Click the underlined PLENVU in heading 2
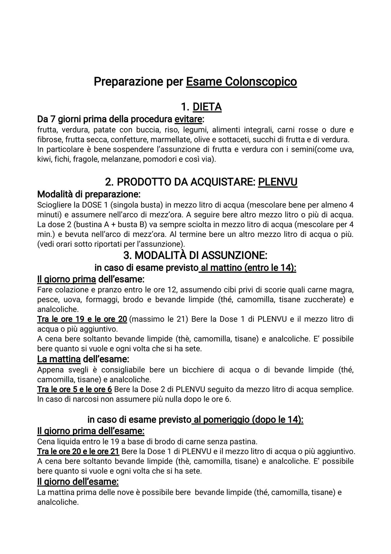[x=277, y=182]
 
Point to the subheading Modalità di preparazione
[x=89, y=194]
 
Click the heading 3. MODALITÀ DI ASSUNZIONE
[x=195, y=255]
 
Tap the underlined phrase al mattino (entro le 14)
[x=248, y=268]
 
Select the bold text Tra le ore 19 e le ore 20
[x=82, y=319]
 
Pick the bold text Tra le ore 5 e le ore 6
[x=75, y=390]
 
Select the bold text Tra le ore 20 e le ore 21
[x=78, y=451]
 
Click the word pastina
[x=245, y=442]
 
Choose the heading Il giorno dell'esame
[x=78, y=481]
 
